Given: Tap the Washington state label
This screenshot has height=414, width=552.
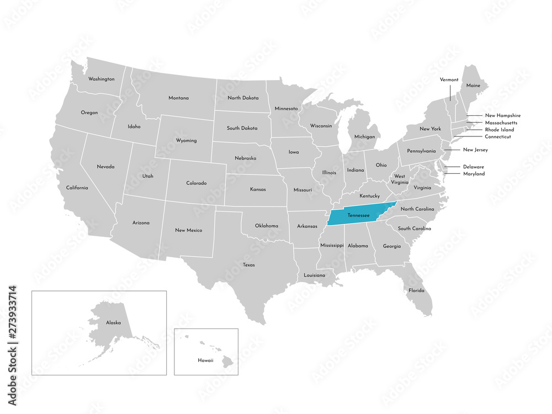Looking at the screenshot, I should point(102,79).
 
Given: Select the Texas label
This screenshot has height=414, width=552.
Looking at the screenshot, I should point(248,265).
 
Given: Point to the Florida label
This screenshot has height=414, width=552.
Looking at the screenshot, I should point(416,290).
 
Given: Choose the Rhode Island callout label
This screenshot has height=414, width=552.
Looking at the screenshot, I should point(499,130).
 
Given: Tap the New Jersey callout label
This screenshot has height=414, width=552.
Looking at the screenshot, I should point(475,150).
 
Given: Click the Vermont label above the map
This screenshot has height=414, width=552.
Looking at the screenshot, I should point(449,79).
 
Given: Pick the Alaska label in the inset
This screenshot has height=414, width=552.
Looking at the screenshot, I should point(113,322).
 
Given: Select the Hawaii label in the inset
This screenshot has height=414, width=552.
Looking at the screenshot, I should point(206,360).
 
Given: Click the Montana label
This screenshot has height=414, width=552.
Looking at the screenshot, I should point(178,98).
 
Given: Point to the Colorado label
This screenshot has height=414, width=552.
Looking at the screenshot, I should point(196,183).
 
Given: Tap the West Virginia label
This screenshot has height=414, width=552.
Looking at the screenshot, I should point(400,179).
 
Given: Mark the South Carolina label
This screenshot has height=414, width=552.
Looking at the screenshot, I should point(414,229).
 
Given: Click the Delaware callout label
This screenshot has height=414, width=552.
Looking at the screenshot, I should point(474,167).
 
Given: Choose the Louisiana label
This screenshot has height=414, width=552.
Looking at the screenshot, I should point(315,275).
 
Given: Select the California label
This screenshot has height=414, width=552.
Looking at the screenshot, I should point(77,188).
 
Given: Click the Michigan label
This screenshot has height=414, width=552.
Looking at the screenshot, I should point(364,136).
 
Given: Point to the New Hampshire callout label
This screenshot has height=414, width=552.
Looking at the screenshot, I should point(502,115).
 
